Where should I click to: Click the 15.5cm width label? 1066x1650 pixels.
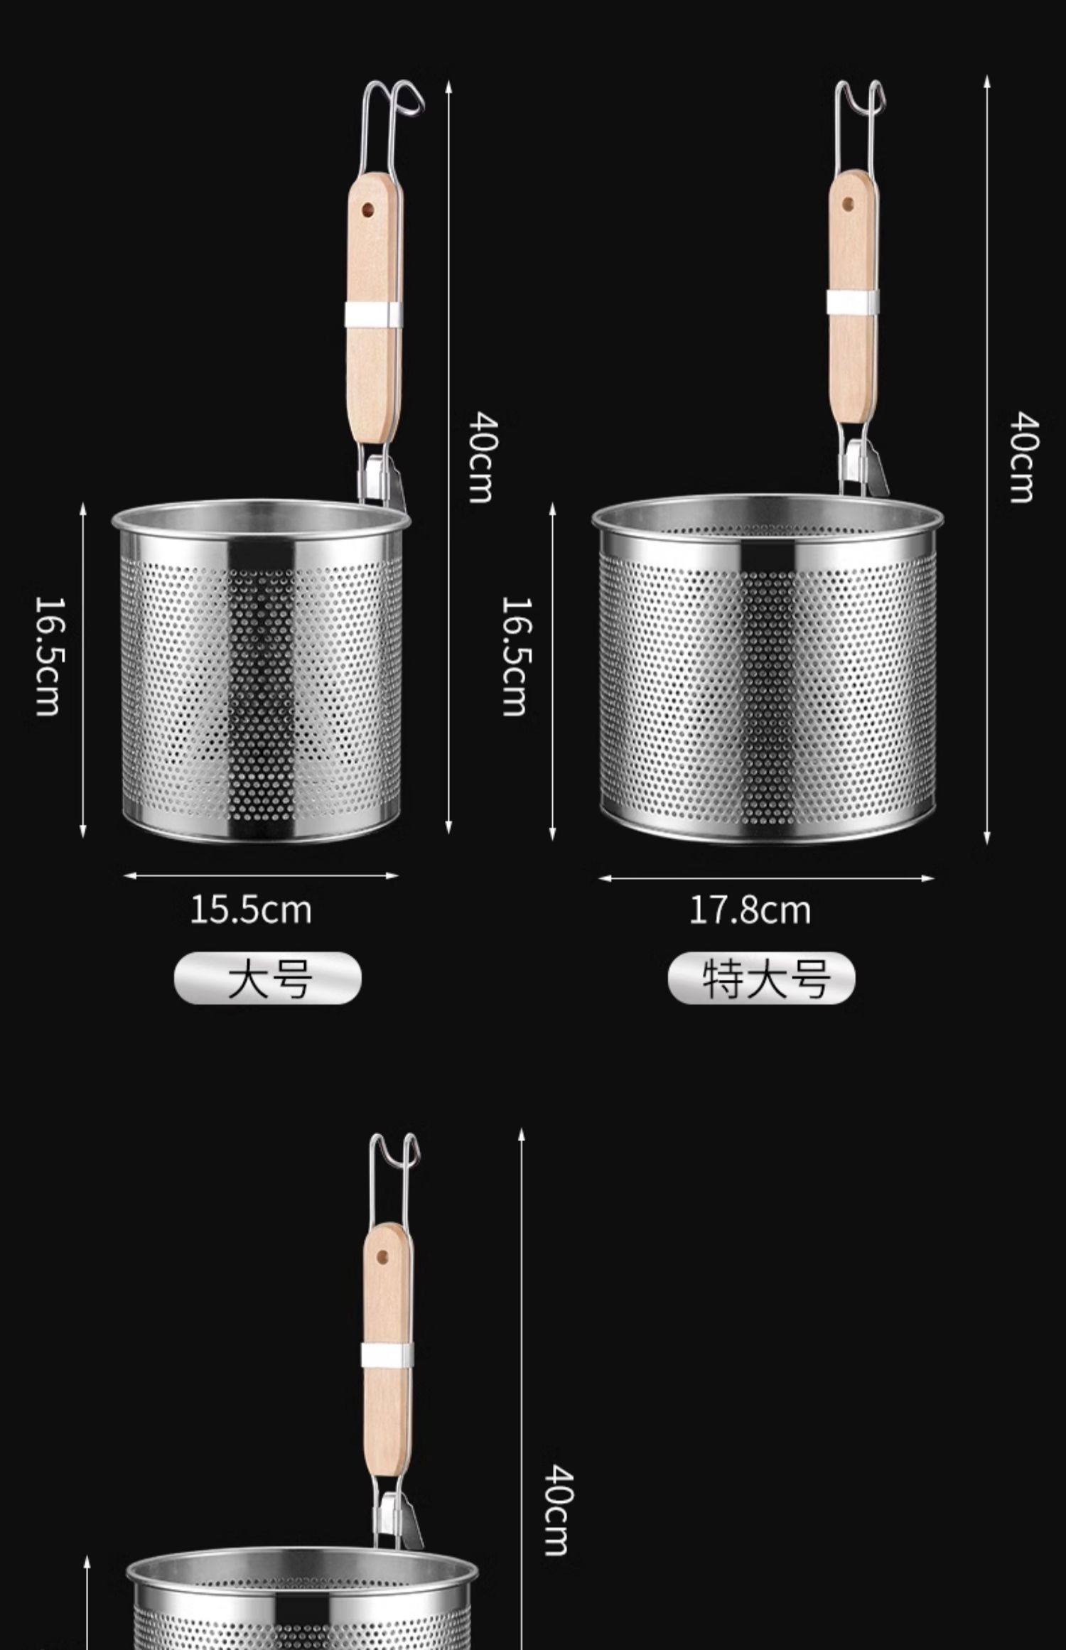[251, 910]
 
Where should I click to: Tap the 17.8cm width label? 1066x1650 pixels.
[750, 910]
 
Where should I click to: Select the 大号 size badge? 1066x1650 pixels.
[268, 978]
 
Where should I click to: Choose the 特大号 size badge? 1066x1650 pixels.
[762, 978]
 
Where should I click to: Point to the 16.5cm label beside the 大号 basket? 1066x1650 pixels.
[48, 655]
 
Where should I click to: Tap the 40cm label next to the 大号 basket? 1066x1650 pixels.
[481, 457]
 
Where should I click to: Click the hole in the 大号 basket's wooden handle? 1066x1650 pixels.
[368, 210]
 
